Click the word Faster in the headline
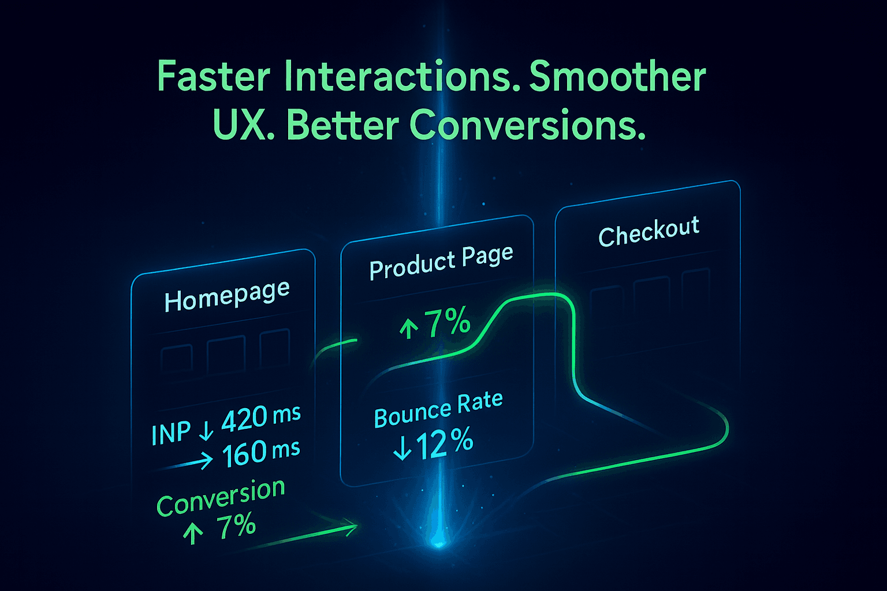pyautogui.click(x=214, y=76)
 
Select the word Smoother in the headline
pyautogui.click(x=617, y=76)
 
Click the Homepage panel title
pyautogui.click(x=227, y=297)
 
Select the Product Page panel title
pyautogui.click(x=441, y=263)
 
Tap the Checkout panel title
pyautogui.click(x=649, y=231)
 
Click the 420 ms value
pyautogui.click(x=261, y=418)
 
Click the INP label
pyautogui.click(x=171, y=433)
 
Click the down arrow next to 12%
pyautogui.click(x=402, y=448)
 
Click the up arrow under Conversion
pyautogui.click(x=193, y=533)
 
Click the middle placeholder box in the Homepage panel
pyautogui.click(x=226, y=355)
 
